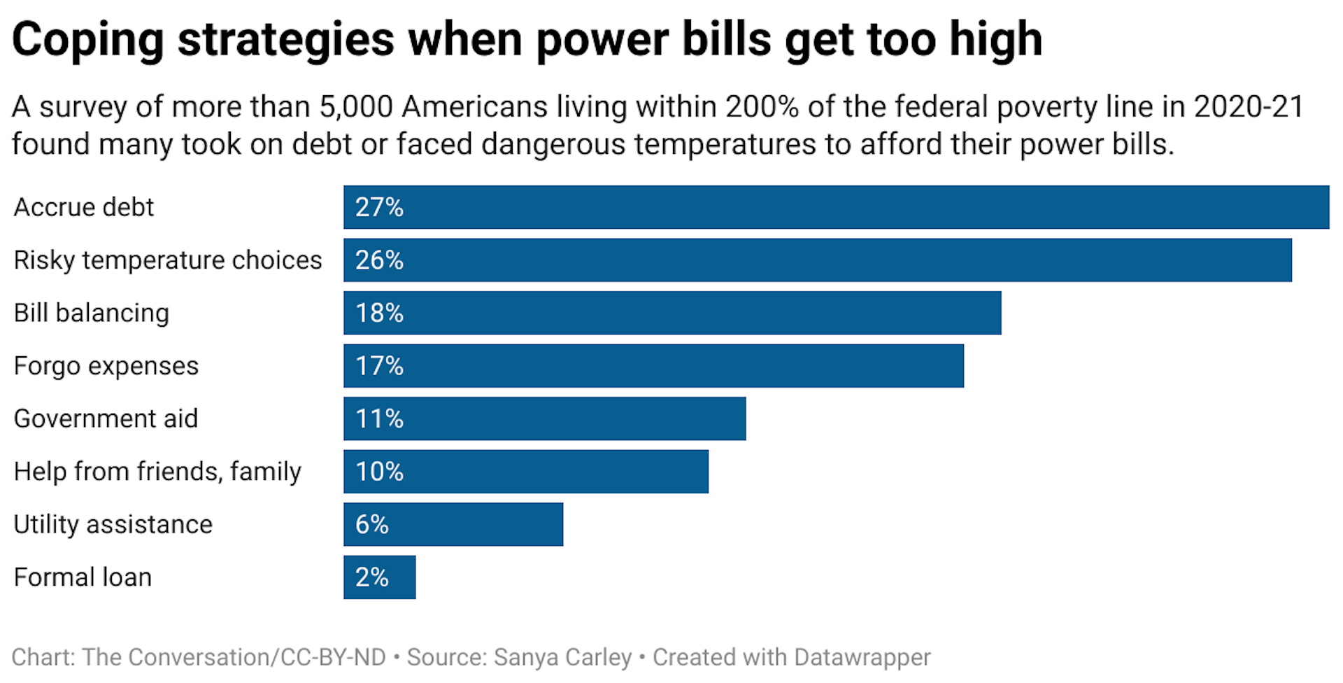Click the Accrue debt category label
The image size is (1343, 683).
(x=83, y=207)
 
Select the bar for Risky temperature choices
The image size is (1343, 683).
(x=817, y=260)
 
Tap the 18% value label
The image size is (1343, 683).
(x=379, y=313)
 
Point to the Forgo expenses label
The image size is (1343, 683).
(x=106, y=366)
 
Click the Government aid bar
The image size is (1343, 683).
(x=544, y=418)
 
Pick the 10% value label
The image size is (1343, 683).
(x=379, y=472)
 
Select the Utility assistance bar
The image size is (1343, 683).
(x=453, y=524)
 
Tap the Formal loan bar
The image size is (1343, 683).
(x=379, y=577)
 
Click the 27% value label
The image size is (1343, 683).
(x=379, y=207)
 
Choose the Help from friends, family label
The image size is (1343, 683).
(x=157, y=472)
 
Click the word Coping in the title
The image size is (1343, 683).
(x=87, y=40)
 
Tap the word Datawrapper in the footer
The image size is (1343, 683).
(x=862, y=657)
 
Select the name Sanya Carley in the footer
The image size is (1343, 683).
(x=562, y=657)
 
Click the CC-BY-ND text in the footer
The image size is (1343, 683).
(x=333, y=657)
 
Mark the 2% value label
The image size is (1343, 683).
(x=371, y=577)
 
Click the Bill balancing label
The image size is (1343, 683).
(x=91, y=313)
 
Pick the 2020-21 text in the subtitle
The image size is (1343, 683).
(x=1248, y=107)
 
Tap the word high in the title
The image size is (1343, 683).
(x=996, y=40)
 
